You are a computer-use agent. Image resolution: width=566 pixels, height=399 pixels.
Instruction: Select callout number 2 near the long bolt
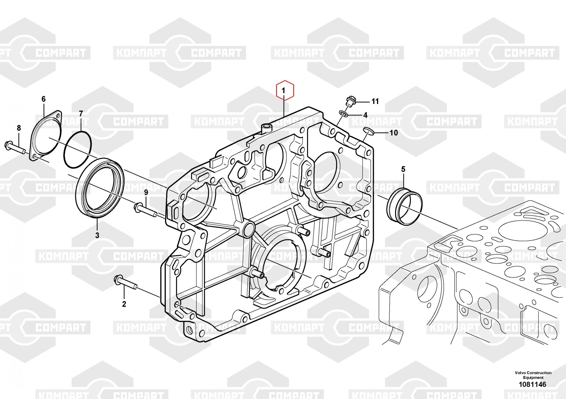(x=124, y=304)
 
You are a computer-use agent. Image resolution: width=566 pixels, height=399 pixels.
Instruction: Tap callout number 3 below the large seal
(x=97, y=235)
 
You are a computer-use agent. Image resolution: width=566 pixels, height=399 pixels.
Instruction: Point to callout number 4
(x=365, y=115)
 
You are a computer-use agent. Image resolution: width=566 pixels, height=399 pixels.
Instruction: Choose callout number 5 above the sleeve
(x=403, y=169)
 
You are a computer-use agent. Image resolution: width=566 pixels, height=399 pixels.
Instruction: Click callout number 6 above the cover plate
(x=43, y=99)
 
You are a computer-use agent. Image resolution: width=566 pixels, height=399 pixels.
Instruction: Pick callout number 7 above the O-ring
(x=81, y=114)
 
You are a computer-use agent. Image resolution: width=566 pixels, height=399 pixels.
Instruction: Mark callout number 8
(x=19, y=128)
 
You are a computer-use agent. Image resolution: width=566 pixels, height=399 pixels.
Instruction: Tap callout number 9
(x=146, y=193)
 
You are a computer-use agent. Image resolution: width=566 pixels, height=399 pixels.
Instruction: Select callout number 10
(x=394, y=133)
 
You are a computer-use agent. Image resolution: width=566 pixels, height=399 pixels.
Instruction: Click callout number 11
(x=375, y=101)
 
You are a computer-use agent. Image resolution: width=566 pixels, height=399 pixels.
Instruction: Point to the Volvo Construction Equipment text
(x=533, y=375)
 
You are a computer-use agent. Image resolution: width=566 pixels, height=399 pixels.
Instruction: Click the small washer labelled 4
(x=343, y=114)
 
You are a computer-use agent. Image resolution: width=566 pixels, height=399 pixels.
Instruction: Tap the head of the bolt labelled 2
(x=117, y=279)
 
